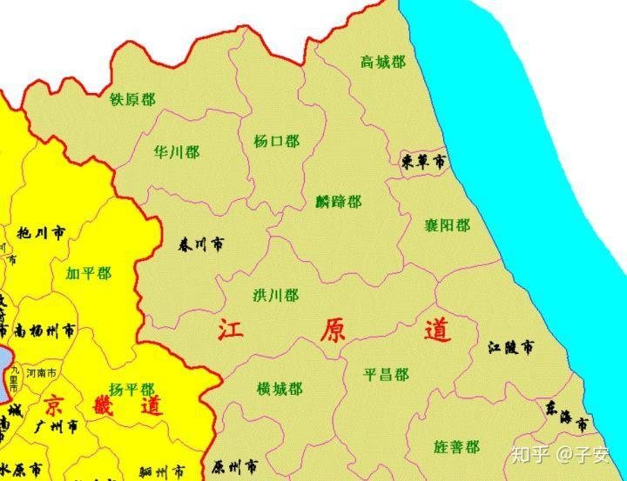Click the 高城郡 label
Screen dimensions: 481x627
coord(382,62)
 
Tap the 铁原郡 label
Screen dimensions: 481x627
coord(132,99)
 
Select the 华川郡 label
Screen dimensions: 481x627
coord(176,152)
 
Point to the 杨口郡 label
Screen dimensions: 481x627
coord(276,141)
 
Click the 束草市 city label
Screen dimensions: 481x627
coord(424,162)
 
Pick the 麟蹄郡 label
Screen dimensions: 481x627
coord(338,202)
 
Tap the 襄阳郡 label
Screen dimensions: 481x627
coord(447,225)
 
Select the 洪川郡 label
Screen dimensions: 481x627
coord(275,296)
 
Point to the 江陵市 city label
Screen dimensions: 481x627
coord(511,348)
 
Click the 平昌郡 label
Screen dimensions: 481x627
coord(386,375)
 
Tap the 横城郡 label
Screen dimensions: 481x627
coord(280,388)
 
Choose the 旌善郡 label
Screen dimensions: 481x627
coord(456,447)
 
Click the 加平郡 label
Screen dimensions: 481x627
coord(88,273)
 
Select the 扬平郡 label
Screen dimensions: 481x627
coord(131,389)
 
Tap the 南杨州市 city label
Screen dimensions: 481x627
coord(44,331)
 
